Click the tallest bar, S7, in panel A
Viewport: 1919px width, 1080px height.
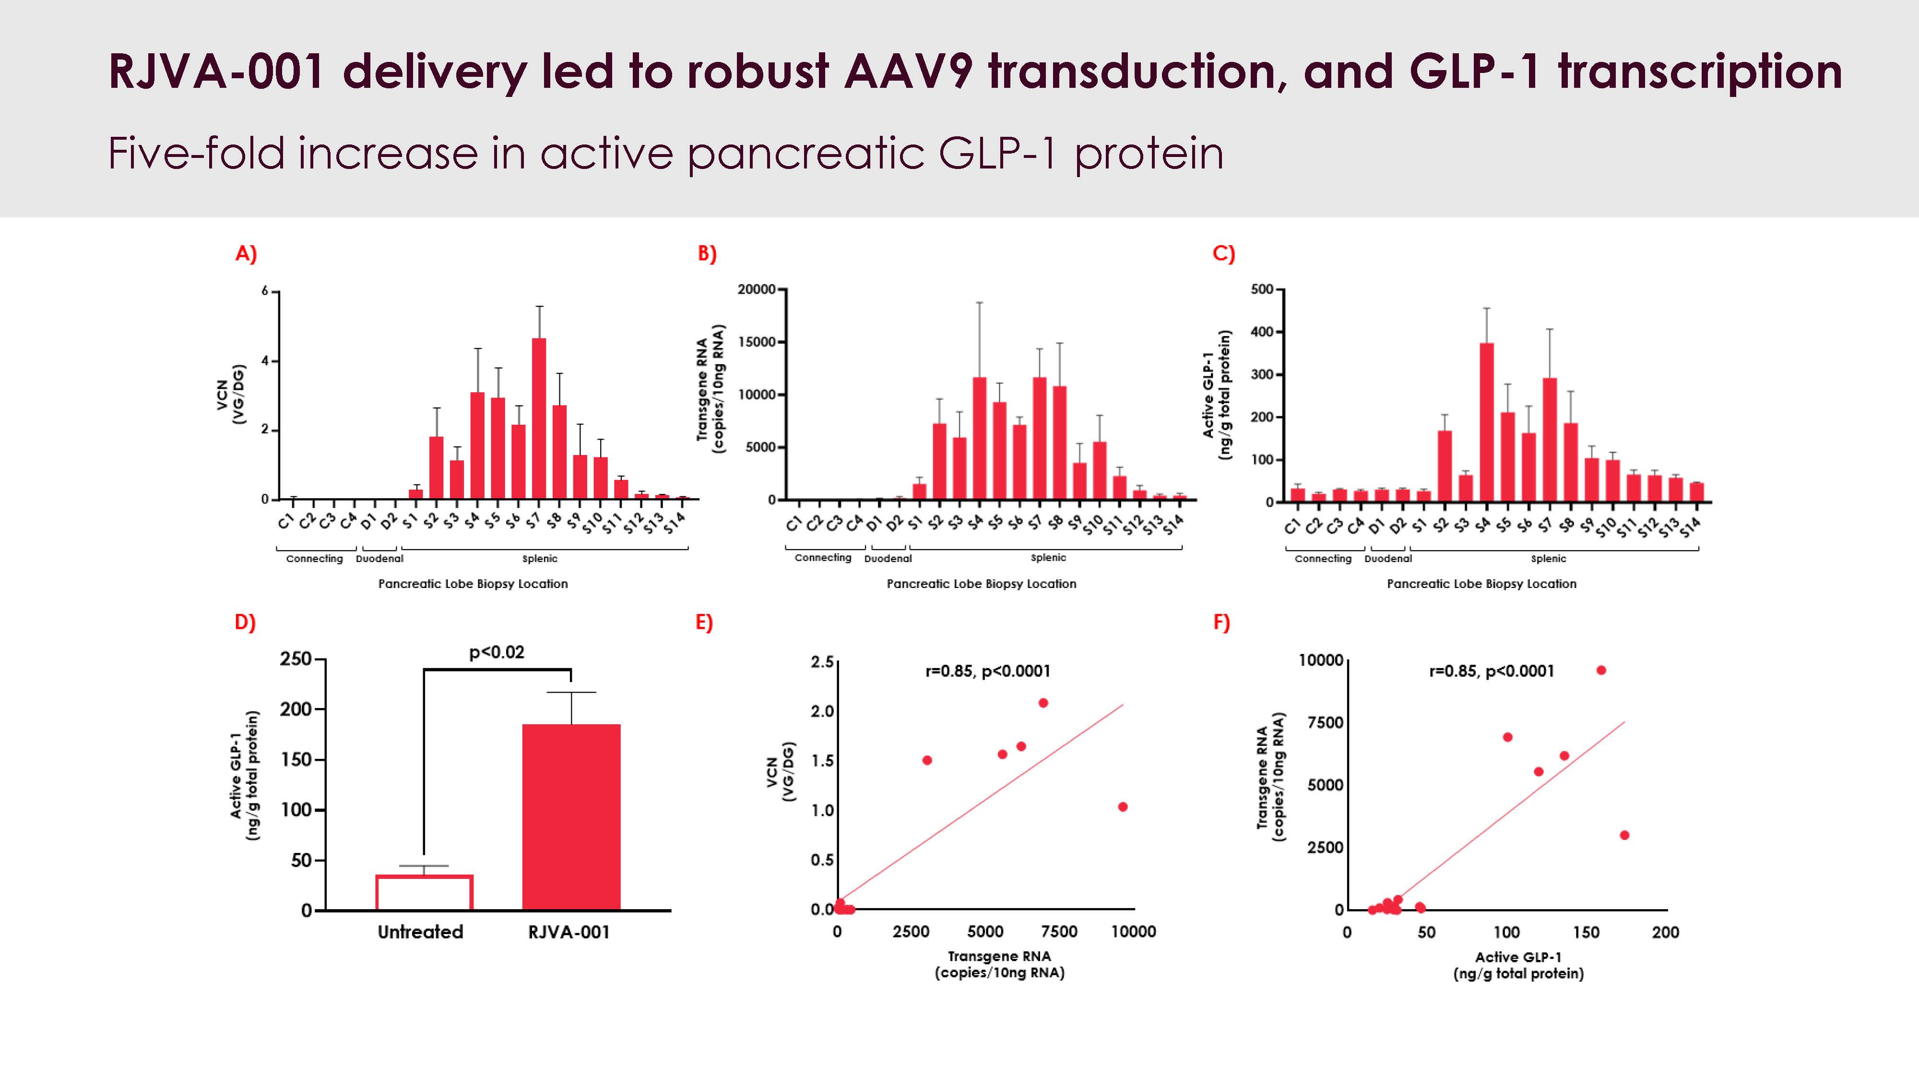pos(539,418)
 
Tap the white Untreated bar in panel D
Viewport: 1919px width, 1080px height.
pos(424,892)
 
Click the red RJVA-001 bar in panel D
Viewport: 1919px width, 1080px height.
pos(571,816)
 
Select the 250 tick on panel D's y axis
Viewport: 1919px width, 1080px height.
pos(296,659)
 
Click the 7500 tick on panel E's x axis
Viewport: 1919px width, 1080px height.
pos(1059,932)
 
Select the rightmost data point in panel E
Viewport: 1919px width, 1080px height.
pos(1123,806)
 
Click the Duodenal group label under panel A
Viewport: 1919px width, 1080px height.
pos(379,558)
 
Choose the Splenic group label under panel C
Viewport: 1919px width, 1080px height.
pos(1548,558)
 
